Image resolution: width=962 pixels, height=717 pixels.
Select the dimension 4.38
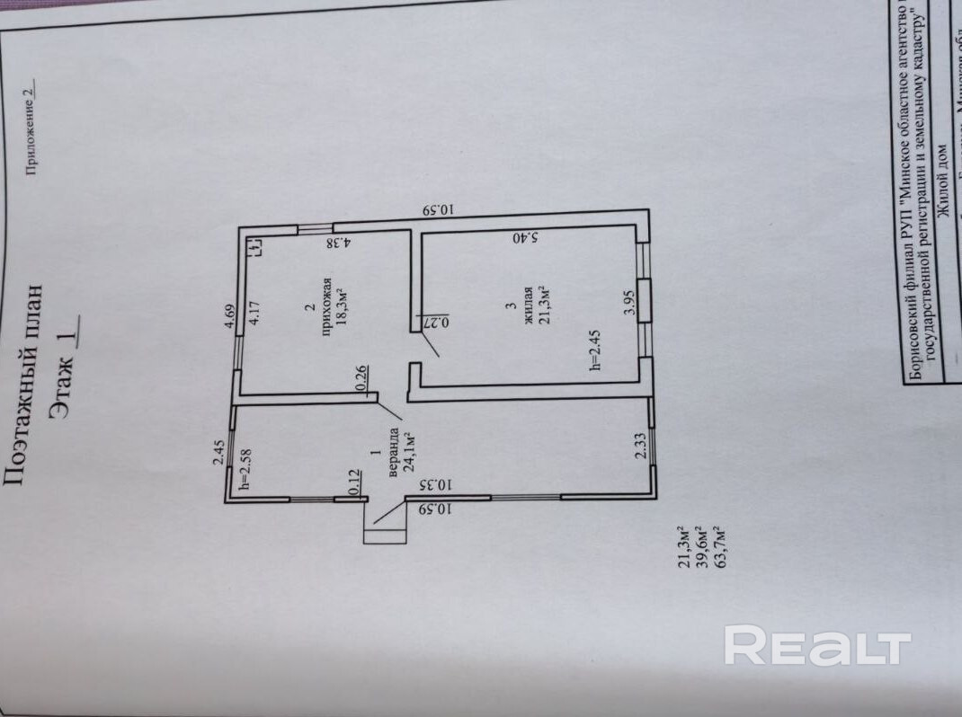coord(338,242)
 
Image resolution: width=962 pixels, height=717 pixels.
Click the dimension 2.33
coord(641,446)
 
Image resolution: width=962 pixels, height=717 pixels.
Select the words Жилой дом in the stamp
coord(943,180)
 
